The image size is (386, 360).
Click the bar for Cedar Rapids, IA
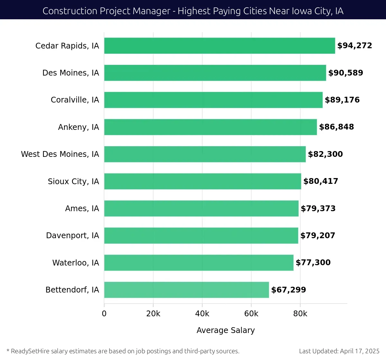pos(219,46)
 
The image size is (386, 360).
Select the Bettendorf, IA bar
pos(186,290)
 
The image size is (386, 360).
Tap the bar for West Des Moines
pos(205,154)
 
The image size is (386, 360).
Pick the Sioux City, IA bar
pos(202,181)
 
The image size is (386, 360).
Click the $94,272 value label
pos(354,46)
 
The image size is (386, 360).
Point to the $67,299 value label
pos(289,290)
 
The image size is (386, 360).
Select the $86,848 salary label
pos(336,127)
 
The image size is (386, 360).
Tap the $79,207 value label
pos(318,236)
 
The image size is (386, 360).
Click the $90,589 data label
pos(345,73)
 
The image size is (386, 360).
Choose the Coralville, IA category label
pos(75,100)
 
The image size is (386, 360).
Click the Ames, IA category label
pos(82,209)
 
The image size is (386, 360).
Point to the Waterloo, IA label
pos(76,263)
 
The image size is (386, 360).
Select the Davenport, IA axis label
pos(72,236)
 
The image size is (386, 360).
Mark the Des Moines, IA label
pos(71,73)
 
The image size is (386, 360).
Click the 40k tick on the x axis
pos(202,314)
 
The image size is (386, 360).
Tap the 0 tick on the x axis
pos(104,314)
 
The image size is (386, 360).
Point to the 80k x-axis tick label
pos(300,314)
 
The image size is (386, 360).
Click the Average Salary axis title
pos(225,330)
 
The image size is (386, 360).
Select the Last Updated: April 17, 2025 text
pos(339,351)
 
